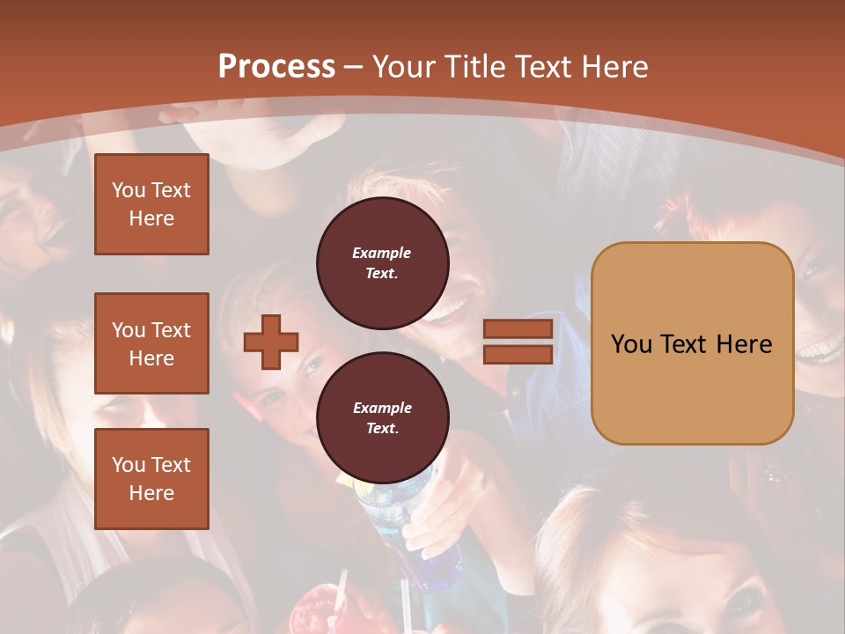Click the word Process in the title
pyautogui.click(x=276, y=67)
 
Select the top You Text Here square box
pyautogui.click(x=151, y=204)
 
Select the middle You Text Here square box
pyautogui.click(x=151, y=343)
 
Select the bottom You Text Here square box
pyautogui.click(x=151, y=479)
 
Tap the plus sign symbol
pyautogui.click(x=271, y=341)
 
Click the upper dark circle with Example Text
pyautogui.click(x=382, y=263)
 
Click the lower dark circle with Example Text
pyautogui.click(x=382, y=418)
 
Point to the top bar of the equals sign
pyautogui.click(x=518, y=329)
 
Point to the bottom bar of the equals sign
pyautogui.click(x=518, y=354)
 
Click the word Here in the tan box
pyautogui.click(x=744, y=344)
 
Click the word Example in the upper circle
pyautogui.click(x=382, y=253)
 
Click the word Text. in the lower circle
pyautogui.click(x=382, y=429)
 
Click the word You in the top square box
pyautogui.click(x=129, y=190)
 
